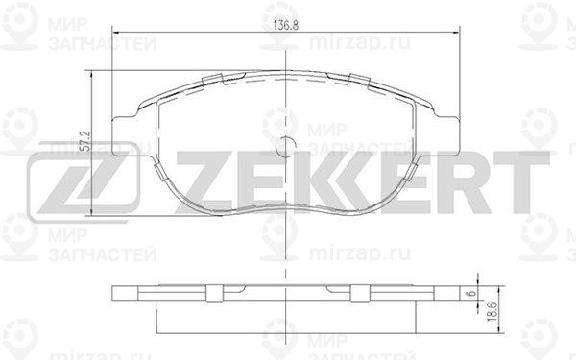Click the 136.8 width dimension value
pyautogui.click(x=286, y=25)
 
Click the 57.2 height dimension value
pyautogui.click(x=85, y=141)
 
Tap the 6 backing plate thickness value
pyautogui.click(x=472, y=293)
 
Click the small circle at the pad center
pyautogui.click(x=286, y=146)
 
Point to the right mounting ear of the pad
pyautogui.click(x=447, y=136)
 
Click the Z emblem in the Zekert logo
pyautogui.click(x=84, y=182)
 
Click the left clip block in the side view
pyautogui.click(x=214, y=294)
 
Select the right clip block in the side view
pyautogui.click(x=360, y=294)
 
